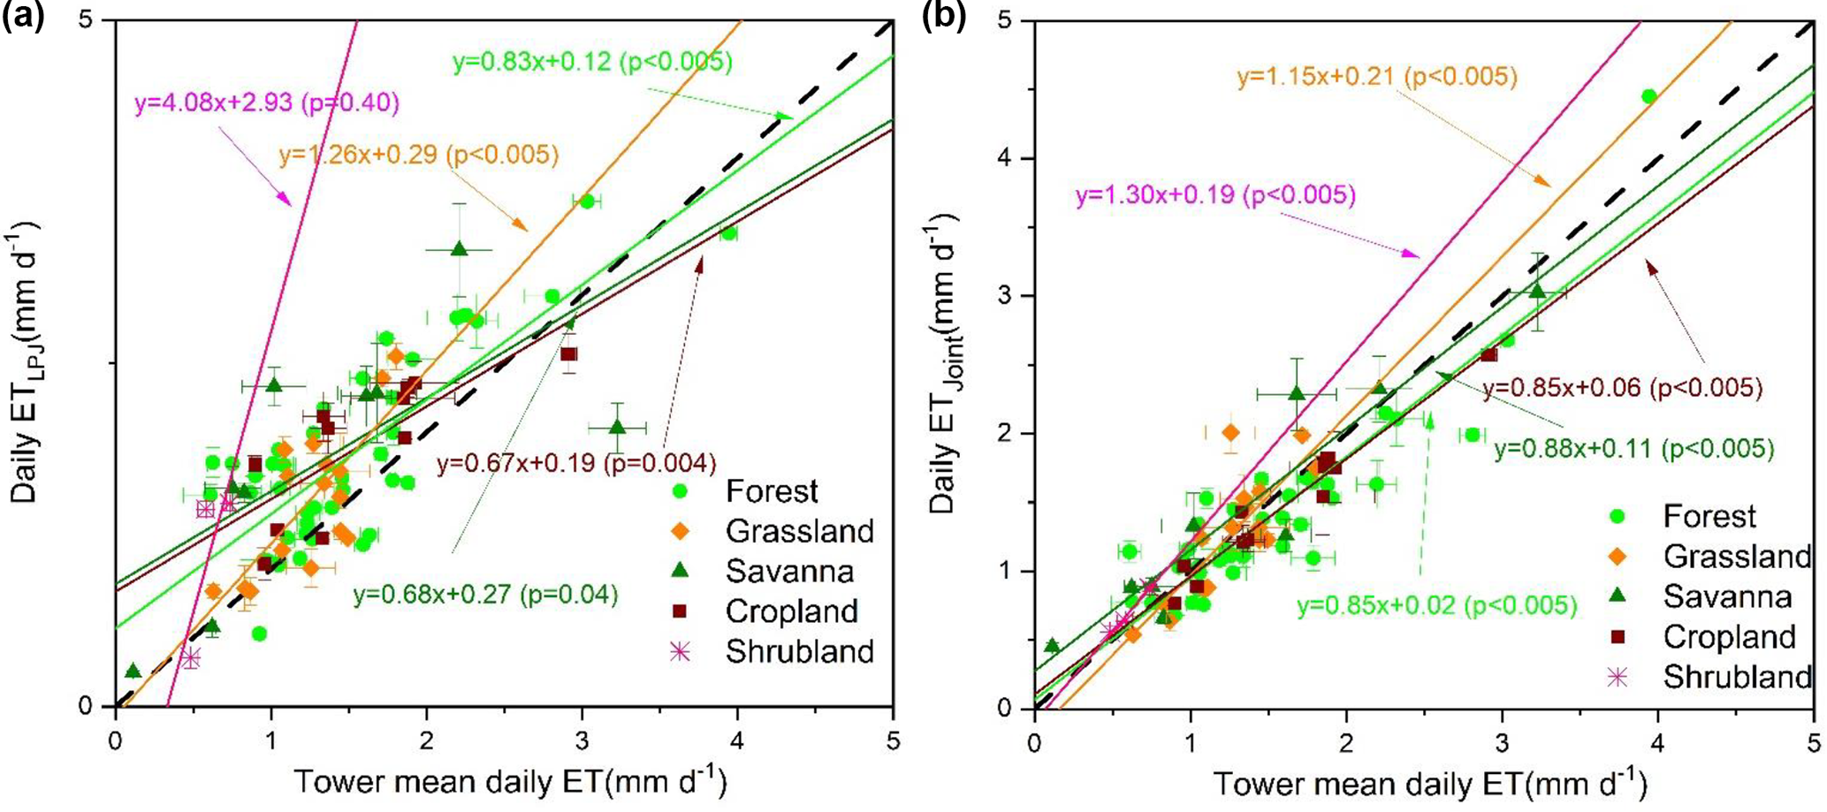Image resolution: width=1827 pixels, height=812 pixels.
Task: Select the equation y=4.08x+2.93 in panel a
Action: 266,103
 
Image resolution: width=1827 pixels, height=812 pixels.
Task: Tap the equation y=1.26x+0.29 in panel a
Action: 419,156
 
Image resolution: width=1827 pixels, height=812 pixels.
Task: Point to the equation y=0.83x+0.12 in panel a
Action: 592,62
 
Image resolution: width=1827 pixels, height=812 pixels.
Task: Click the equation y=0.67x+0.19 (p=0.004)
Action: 575,463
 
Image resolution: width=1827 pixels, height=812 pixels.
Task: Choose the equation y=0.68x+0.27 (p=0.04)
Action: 485,595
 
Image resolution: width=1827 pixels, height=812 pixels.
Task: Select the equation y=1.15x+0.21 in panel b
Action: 1377,77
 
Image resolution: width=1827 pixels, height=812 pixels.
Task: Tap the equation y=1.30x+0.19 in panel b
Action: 1215,194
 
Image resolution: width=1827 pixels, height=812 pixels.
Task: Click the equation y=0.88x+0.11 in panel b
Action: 1633,449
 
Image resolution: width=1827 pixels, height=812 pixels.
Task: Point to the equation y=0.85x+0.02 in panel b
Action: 1436,606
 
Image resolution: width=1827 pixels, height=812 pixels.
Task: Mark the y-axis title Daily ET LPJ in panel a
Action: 27,361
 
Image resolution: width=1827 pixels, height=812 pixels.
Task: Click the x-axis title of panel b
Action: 1429,784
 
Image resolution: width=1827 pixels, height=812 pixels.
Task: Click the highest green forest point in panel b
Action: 1648,96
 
